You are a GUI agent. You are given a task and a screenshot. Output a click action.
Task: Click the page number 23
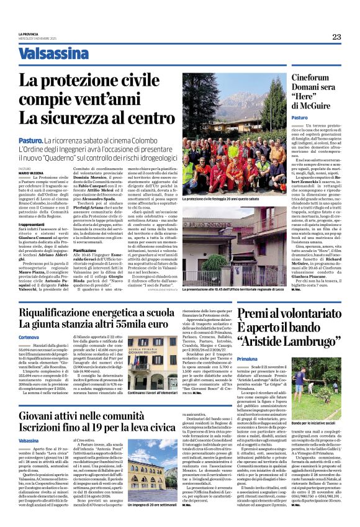[336, 37]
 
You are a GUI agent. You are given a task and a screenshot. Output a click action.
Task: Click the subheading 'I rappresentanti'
[30, 223]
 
